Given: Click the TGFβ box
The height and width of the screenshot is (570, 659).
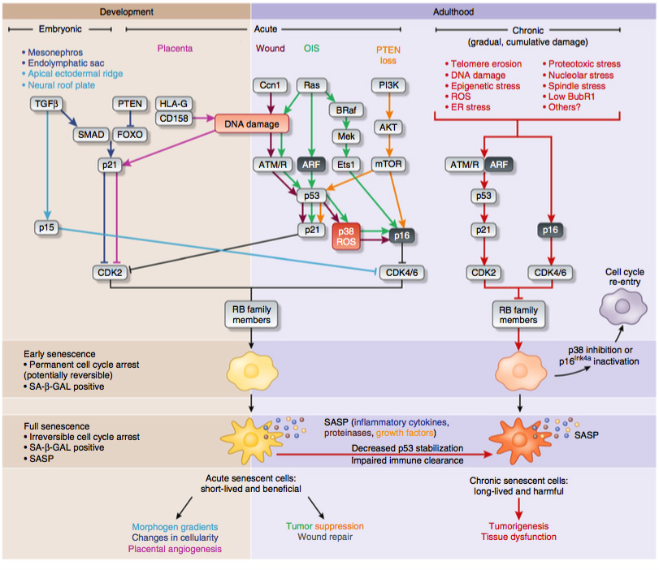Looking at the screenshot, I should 50,104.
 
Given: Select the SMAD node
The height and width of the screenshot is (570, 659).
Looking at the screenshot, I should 89,135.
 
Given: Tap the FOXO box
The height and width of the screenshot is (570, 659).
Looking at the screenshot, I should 128,135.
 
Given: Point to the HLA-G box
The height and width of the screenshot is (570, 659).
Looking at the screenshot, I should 174,104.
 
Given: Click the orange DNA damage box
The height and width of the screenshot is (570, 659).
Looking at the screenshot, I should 252,123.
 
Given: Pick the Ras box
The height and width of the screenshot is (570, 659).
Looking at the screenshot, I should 311,84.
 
